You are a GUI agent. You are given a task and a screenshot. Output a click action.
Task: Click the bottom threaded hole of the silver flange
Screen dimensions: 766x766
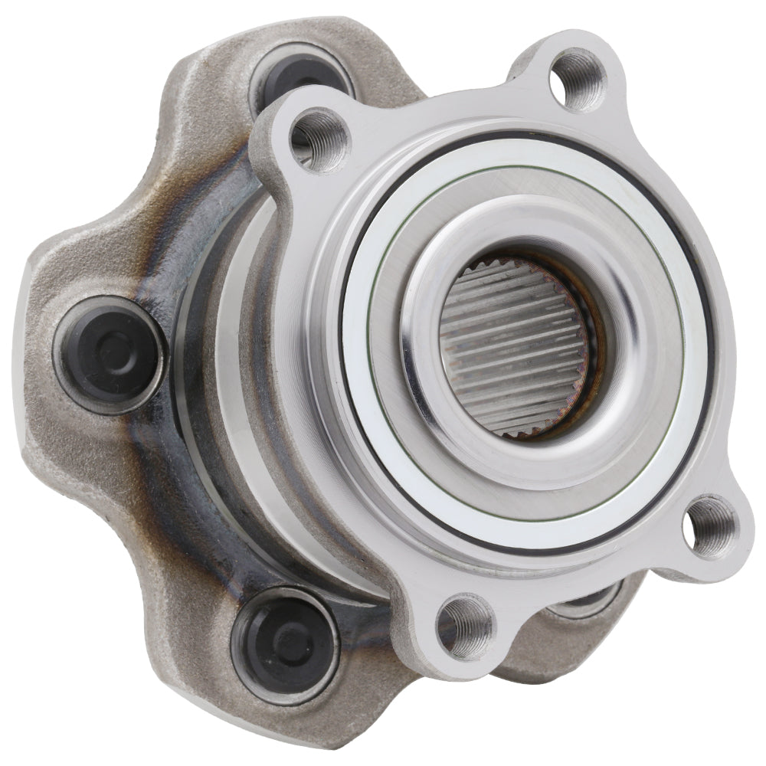click(465, 627)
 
